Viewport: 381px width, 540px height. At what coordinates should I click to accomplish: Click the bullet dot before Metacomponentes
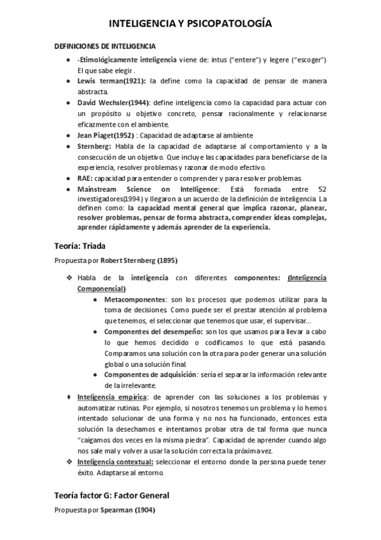coord(95,299)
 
